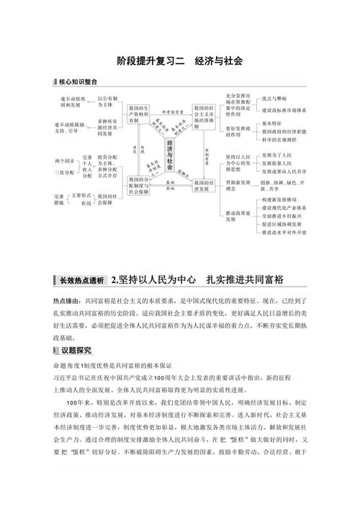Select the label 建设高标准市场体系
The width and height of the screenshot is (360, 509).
[x=284, y=110]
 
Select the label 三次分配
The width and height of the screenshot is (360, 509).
[x=66, y=173]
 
